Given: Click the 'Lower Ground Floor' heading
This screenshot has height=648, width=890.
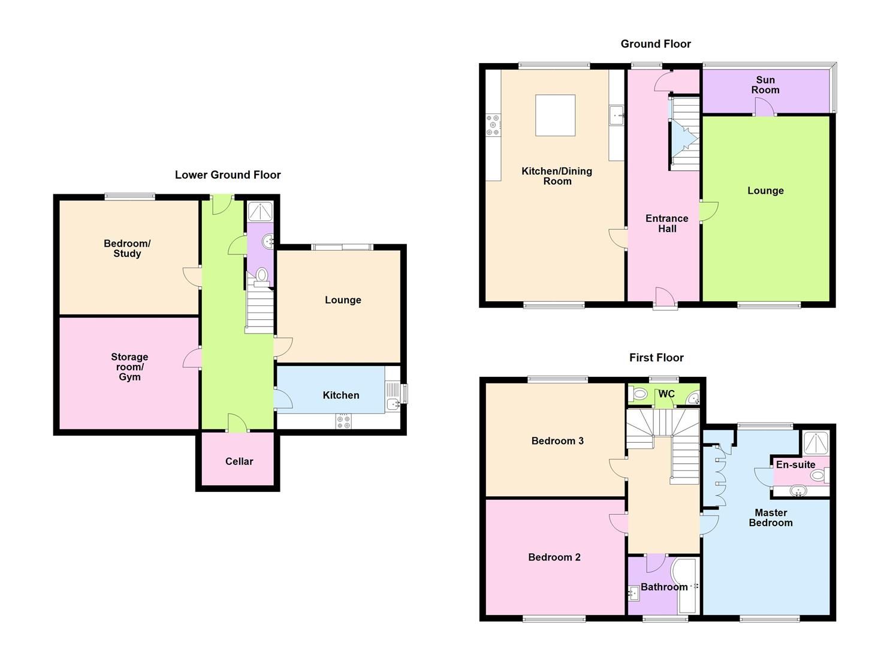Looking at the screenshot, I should pyautogui.click(x=228, y=175).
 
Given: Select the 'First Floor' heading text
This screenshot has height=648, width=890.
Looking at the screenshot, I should pyautogui.click(x=656, y=358).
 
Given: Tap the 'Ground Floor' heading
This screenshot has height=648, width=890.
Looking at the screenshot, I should pyautogui.click(x=656, y=44).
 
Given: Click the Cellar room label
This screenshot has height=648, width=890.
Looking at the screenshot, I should pyautogui.click(x=239, y=461).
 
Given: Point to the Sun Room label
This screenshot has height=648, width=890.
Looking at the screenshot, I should pyautogui.click(x=765, y=85).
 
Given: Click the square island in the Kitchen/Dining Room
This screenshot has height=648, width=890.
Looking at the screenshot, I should pyautogui.click(x=555, y=116).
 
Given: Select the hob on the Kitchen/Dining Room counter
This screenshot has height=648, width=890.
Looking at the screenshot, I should pyautogui.click(x=493, y=125).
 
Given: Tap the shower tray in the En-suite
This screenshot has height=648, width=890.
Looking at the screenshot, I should pyautogui.click(x=815, y=442).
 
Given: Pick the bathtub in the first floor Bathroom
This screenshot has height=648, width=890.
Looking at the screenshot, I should pyautogui.click(x=686, y=586).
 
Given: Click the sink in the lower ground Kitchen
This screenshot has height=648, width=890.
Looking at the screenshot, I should pyautogui.click(x=393, y=404).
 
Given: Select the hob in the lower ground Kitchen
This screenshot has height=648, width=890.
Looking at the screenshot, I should pyautogui.click(x=343, y=421).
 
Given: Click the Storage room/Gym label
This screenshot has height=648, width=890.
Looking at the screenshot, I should pyautogui.click(x=129, y=367).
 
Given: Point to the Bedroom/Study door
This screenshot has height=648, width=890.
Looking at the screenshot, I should pyautogui.click(x=192, y=277).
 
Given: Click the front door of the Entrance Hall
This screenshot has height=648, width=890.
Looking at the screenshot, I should pyautogui.click(x=665, y=298).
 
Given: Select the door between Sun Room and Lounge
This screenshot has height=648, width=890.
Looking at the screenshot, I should pyautogui.click(x=764, y=107).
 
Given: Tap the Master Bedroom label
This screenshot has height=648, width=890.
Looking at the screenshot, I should pyautogui.click(x=771, y=517).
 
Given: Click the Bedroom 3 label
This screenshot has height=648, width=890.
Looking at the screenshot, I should pyautogui.click(x=557, y=441).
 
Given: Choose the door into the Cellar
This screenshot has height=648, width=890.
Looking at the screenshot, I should pyautogui.click(x=237, y=422).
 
